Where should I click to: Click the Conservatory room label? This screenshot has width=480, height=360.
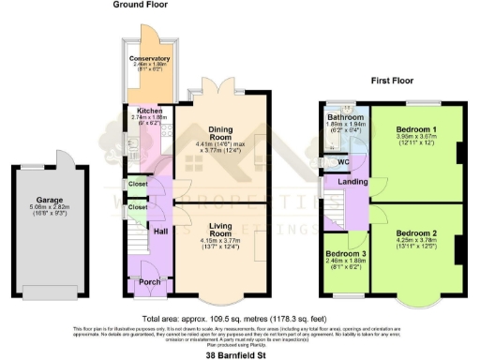149,58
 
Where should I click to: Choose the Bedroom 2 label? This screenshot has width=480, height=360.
412,232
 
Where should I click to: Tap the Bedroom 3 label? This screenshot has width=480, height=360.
345,254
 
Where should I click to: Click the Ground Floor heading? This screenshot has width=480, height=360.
141,6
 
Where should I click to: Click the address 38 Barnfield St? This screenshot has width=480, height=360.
239,353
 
